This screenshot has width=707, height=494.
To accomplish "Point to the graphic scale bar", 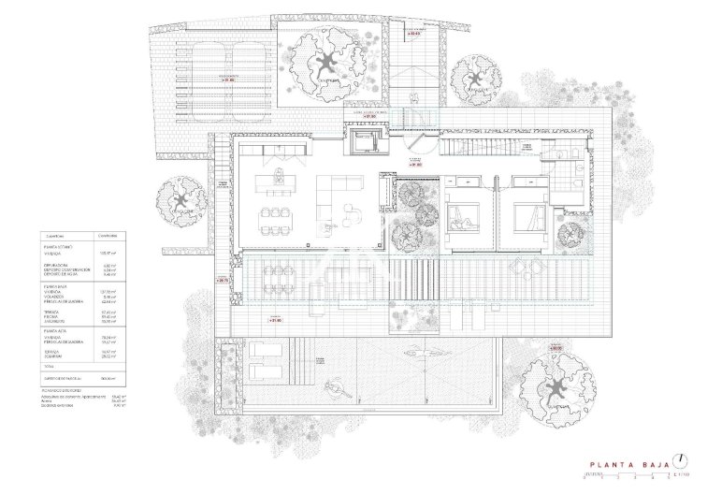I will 613,474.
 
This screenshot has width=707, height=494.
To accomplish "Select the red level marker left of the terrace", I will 222,279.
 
